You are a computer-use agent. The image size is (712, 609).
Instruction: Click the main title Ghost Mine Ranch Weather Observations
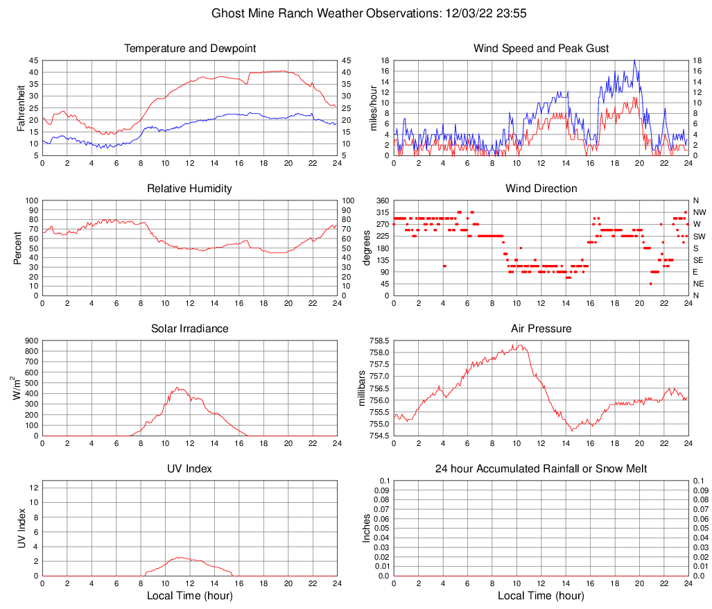point(356,13)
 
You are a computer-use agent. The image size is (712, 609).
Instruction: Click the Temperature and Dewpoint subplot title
point(190,49)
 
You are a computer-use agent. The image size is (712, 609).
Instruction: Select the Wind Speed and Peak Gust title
point(541,49)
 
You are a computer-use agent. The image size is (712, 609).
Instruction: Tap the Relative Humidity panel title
point(190,189)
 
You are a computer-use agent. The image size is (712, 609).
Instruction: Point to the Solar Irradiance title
point(190,329)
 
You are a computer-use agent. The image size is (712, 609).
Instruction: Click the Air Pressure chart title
point(541,329)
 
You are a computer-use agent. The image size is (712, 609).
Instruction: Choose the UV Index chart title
point(190,469)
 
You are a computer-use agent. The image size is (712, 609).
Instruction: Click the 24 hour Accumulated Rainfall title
point(541,469)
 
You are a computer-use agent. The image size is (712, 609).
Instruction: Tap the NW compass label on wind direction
point(699,212)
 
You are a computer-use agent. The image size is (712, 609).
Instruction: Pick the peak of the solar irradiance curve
point(177,387)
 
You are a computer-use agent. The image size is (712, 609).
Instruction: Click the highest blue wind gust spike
point(634,60)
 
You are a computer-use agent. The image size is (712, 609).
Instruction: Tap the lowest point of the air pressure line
point(572,431)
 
